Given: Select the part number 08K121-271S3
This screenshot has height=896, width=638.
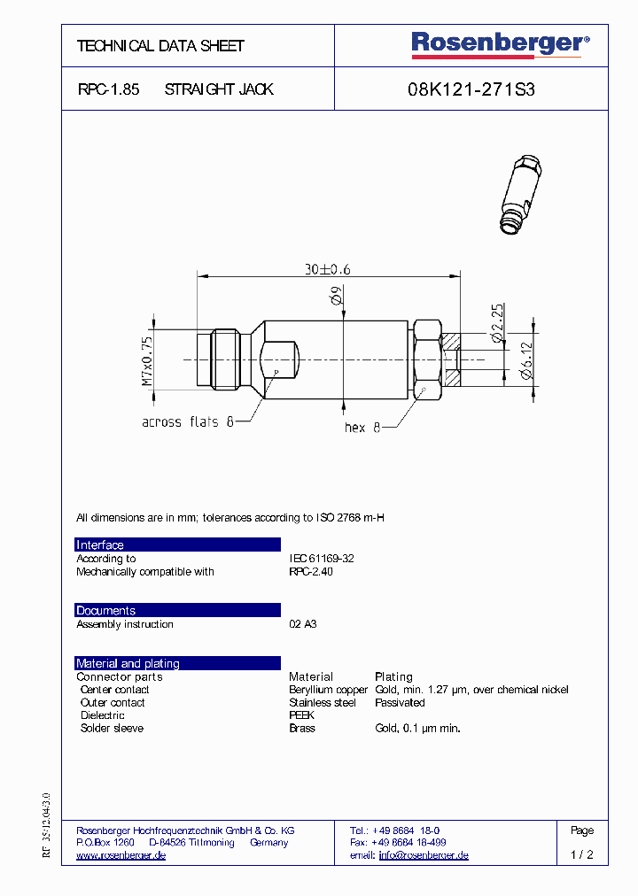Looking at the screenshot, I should coord(471,89).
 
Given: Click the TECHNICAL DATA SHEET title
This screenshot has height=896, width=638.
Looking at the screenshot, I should coord(160,46).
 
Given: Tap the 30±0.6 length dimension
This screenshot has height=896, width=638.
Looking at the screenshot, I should coord(328,269).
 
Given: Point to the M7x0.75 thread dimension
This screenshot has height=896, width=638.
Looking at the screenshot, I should coord(148,360).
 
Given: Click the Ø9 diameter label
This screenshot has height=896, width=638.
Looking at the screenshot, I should coord(337,299).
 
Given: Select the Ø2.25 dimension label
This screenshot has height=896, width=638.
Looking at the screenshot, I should coord(497,323).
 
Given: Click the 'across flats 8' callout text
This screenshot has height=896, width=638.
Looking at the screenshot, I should coord(188,422).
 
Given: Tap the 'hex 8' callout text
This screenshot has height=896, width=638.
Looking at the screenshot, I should coord(362,428).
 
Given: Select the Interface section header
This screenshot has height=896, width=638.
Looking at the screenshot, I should coord(100,545).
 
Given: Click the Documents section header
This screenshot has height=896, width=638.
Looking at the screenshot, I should coord(105,611).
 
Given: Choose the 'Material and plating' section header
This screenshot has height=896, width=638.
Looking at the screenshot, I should coord(128,664).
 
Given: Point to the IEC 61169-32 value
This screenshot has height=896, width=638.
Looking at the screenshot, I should coord(322,559).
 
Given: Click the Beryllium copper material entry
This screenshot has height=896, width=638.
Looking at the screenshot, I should coord(328,690).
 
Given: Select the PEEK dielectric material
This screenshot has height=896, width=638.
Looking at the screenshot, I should coord(301,715).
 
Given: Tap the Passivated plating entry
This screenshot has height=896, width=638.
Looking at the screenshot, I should coord(400,703).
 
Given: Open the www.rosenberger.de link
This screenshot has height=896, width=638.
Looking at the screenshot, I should coord(121,855).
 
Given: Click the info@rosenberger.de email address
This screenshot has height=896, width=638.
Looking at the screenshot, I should coord(424,855).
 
